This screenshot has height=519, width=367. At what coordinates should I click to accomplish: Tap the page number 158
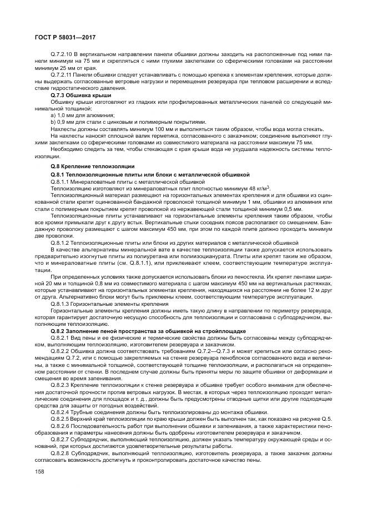point(38,471)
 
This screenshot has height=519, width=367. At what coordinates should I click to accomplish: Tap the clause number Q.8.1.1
point(61,181)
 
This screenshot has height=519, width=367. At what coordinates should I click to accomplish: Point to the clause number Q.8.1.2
point(61,242)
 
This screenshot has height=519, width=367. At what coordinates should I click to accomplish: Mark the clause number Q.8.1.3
point(61,304)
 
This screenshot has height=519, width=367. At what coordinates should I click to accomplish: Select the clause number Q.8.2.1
point(61,337)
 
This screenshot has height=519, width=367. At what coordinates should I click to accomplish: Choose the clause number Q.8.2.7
point(61,437)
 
